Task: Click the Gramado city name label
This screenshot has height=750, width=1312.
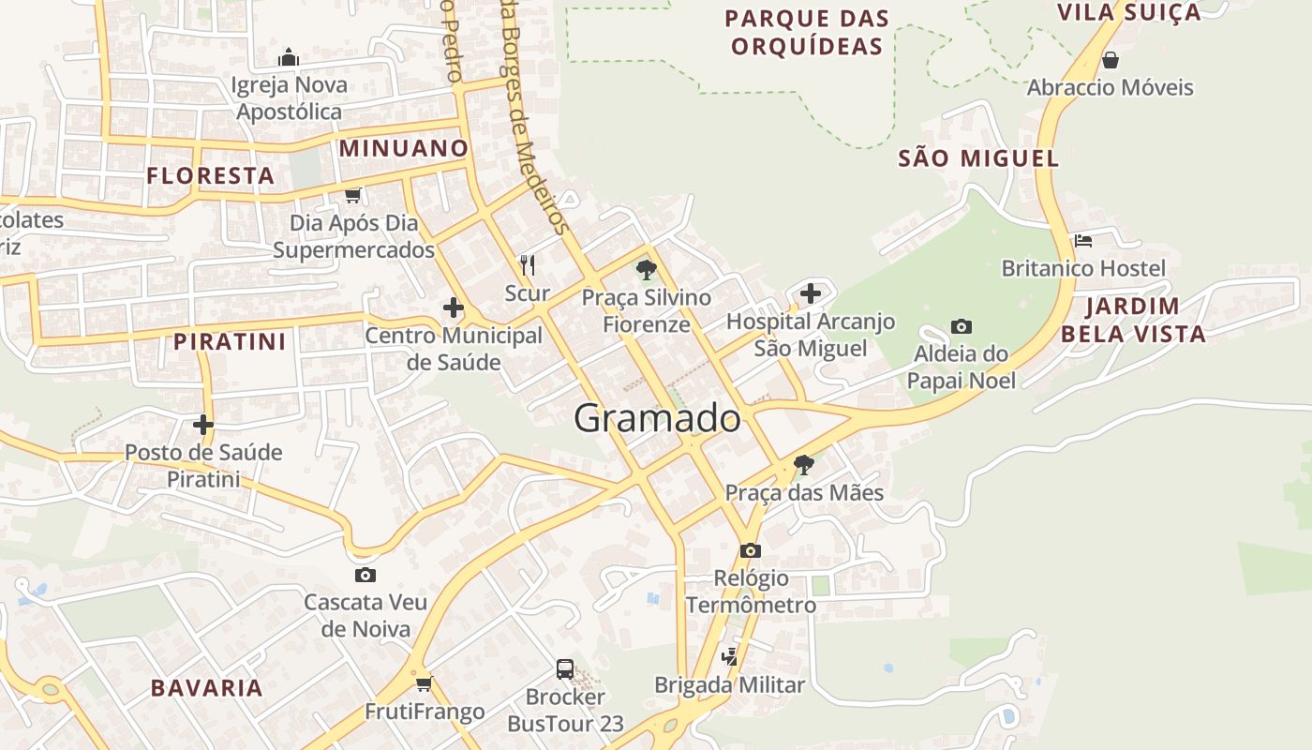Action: pos(657,418)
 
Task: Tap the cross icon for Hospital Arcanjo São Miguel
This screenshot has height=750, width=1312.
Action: pos(811,294)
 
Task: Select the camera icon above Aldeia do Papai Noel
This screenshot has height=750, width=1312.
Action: pos(961,327)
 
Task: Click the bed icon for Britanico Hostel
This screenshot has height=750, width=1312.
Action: pos(1083,241)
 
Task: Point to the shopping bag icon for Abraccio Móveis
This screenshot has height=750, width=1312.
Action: pos(1111,61)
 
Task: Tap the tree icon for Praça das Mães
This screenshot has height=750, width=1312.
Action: pos(803,464)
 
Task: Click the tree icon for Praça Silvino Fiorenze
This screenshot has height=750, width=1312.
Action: pos(646,270)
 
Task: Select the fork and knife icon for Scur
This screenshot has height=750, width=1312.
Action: pos(528,265)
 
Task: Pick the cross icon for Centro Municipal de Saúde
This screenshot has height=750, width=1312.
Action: pos(454,307)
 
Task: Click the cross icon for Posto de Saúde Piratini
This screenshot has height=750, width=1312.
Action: pos(203,425)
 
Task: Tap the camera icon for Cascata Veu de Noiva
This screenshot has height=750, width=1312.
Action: pos(365,575)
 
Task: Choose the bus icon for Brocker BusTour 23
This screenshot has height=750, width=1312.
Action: pos(565,669)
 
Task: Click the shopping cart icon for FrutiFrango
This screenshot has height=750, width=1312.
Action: pos(425,683)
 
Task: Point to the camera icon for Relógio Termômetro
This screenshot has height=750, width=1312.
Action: pos(751,550)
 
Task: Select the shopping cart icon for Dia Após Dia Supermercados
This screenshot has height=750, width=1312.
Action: pos(353,196)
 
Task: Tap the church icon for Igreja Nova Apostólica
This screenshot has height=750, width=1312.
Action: pos(290,58)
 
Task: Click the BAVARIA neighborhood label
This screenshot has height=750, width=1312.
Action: pos(207,688)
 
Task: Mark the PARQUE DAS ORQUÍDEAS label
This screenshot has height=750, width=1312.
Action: pos(807,32)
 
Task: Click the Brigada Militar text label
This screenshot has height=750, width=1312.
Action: pos(729,685)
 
